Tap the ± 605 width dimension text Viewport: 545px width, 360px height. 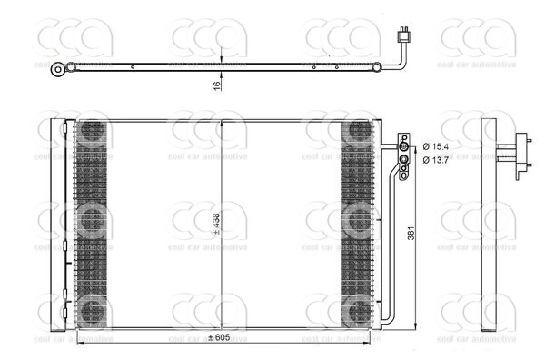click(x=219, y=338)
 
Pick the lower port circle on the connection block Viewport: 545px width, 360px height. click(x=404, y=160)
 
